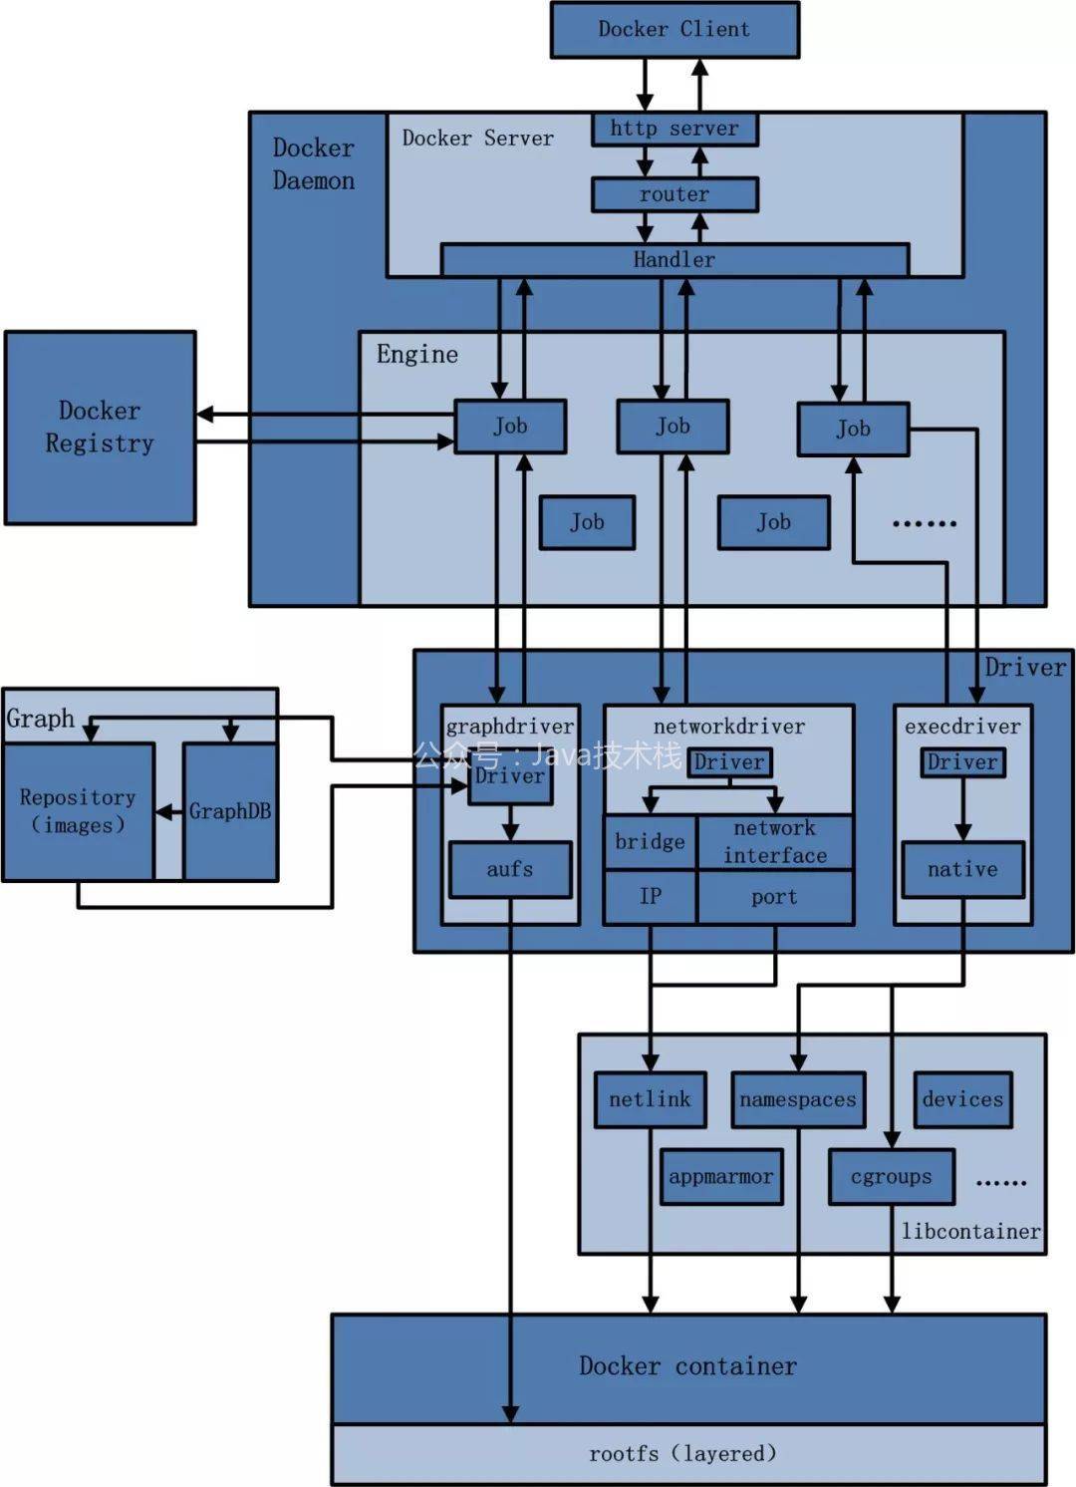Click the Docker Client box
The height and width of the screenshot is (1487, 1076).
point(674,30)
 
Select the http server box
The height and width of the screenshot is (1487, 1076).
point(674,129)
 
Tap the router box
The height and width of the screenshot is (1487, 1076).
point(674,194)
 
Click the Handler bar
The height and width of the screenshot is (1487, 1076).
point(674,260)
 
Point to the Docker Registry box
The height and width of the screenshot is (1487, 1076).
point(100,428)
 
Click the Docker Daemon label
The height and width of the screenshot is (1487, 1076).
point(314,164)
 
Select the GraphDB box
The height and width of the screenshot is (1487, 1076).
point(230,811)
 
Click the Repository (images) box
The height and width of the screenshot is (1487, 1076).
point(78,811)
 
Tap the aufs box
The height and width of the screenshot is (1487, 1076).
point(510,869)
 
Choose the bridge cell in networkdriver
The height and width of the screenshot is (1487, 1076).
point(650,842)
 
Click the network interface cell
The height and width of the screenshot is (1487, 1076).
point(775,842)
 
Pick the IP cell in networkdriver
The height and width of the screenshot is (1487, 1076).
point(650,897)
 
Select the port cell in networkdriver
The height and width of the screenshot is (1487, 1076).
point(775,897)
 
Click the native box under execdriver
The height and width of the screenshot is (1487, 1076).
point(962,869)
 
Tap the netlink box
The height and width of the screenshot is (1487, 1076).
point(650,1099)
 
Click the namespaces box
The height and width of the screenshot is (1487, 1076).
point(798,1099)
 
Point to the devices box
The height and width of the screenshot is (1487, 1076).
point(962,1099)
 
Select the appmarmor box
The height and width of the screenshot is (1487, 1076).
point(720,1177)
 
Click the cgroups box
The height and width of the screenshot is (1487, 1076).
point(892,1177)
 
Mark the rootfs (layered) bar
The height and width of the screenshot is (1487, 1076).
point(687,1454)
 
